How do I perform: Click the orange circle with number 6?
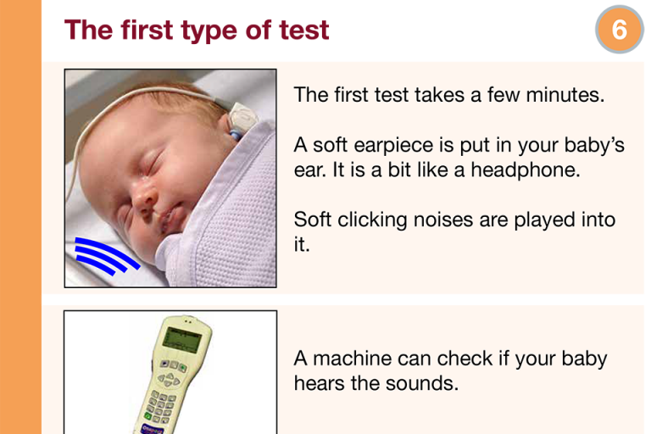pyautogui.click(x=620, y=30)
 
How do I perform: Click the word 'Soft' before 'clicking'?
pyautogui.click(x=313, y=220)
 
